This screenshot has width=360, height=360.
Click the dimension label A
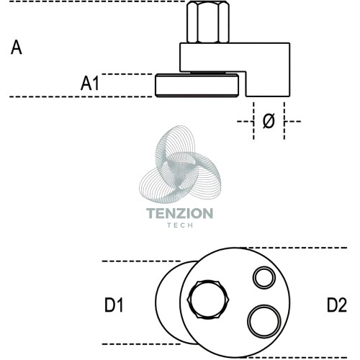click(x=17, y=48)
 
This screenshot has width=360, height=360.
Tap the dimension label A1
click(x=90, y=84)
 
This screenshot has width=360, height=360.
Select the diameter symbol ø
click(x=269, y=121)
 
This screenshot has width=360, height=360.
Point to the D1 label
click(x=114, y=305)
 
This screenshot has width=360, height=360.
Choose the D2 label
click(x=337, y=305)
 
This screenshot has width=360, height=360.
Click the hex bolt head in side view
click(x=208, y=22)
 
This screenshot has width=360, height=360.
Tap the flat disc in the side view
click(x=197, y=86)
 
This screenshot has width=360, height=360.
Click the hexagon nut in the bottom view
click(x=208, y=300)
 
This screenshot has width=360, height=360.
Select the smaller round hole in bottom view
click(x=264, y=277)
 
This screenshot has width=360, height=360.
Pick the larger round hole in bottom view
click(x=264, y=321)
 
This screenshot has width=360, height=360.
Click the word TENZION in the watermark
click(x=179, y=213)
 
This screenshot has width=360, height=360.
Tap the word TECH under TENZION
click(x=180, y=225)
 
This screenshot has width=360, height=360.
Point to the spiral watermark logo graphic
click(x=180, y=164)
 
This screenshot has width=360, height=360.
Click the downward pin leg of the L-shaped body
click(x=268, y=84)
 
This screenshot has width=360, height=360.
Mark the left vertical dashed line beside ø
click(x=253, y=121)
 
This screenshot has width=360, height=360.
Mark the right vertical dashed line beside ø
click(x=284, y=121)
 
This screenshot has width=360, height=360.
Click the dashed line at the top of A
click(x=97, y=1)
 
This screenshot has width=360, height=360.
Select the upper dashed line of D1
click(x=141, y=261)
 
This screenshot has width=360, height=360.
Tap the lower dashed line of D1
click(x=141, y=344)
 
